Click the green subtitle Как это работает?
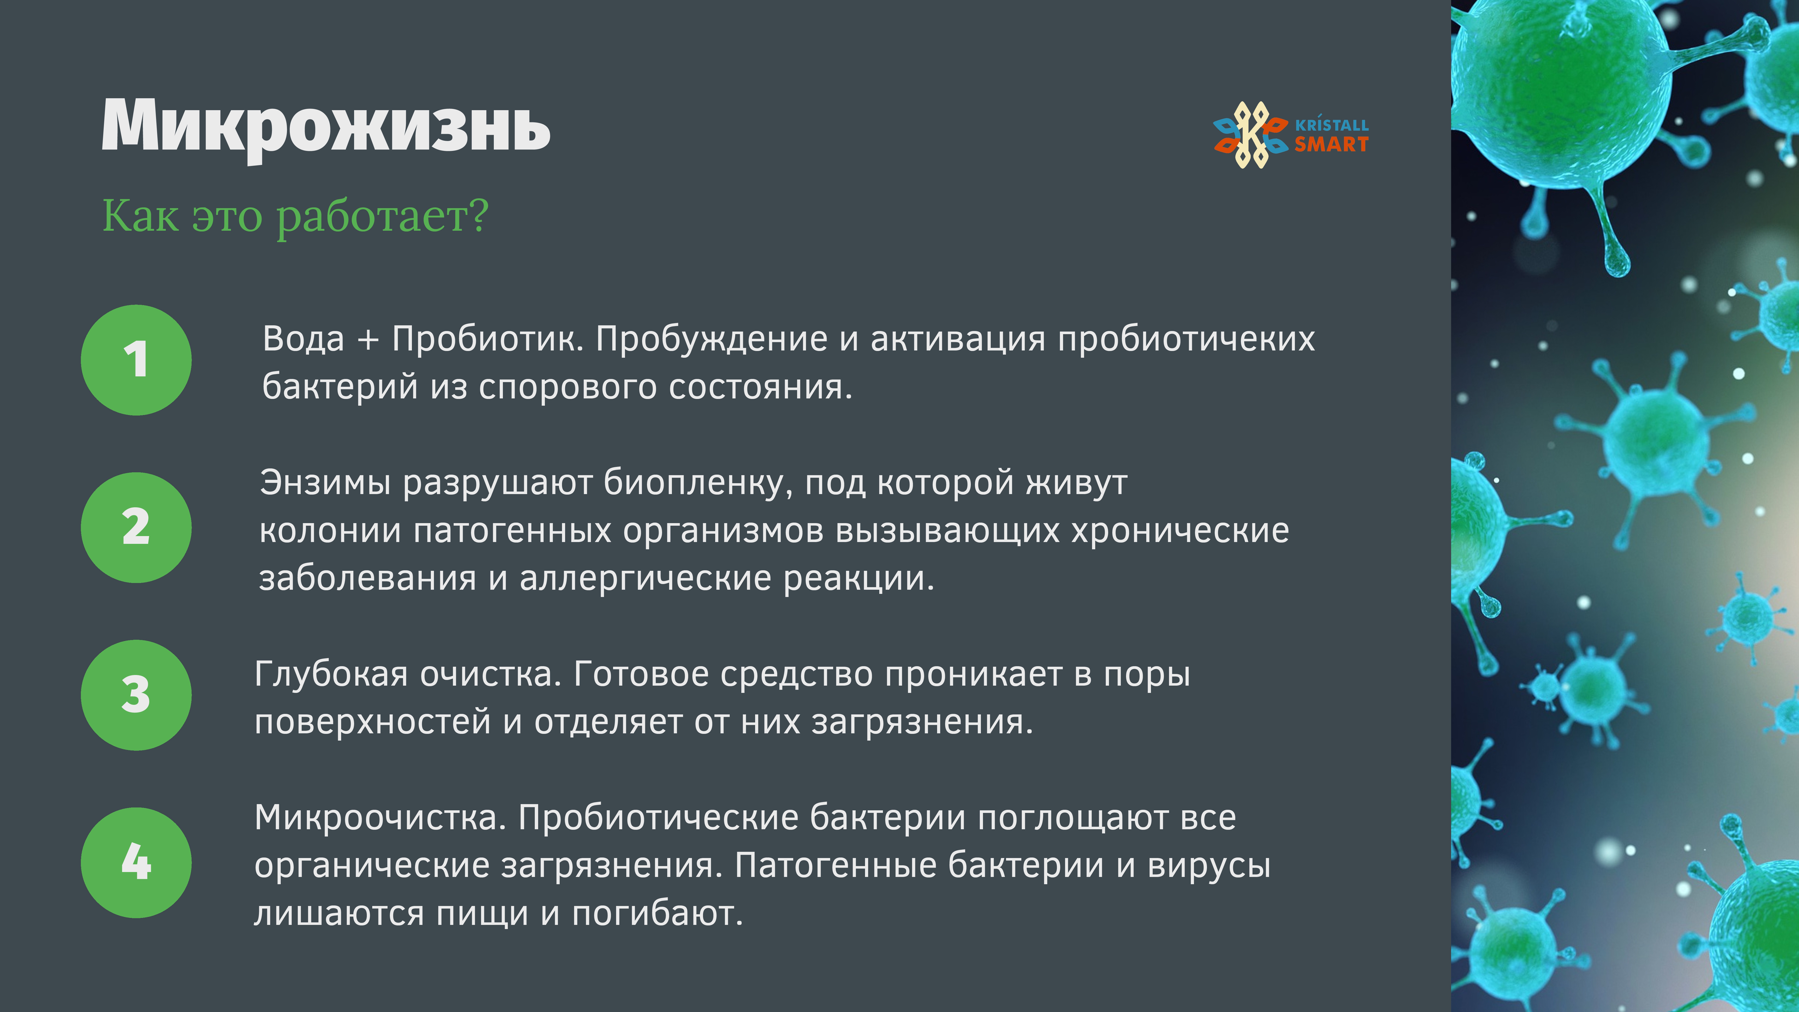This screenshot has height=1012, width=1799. tap(296, 216)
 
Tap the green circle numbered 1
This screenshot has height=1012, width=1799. tap(136, 360)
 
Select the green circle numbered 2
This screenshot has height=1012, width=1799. tap(136, 527)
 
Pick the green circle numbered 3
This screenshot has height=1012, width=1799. tap(136, 695)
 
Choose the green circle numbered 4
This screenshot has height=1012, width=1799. tap(136, 862)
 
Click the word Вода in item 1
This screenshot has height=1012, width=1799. tap(304, 339)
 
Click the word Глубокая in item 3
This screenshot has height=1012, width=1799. tap(331, 675)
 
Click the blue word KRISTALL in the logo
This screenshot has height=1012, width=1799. tap(1332, 124)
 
